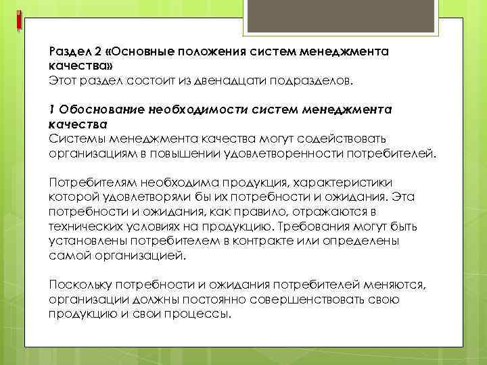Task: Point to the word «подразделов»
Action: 311,81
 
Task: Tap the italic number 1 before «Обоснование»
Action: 51,110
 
